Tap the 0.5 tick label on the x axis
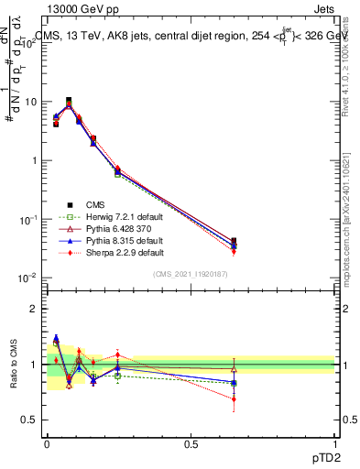(x=191, y=442)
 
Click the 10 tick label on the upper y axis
(x=29, y=102)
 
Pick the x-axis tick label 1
(x=334, y=442)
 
